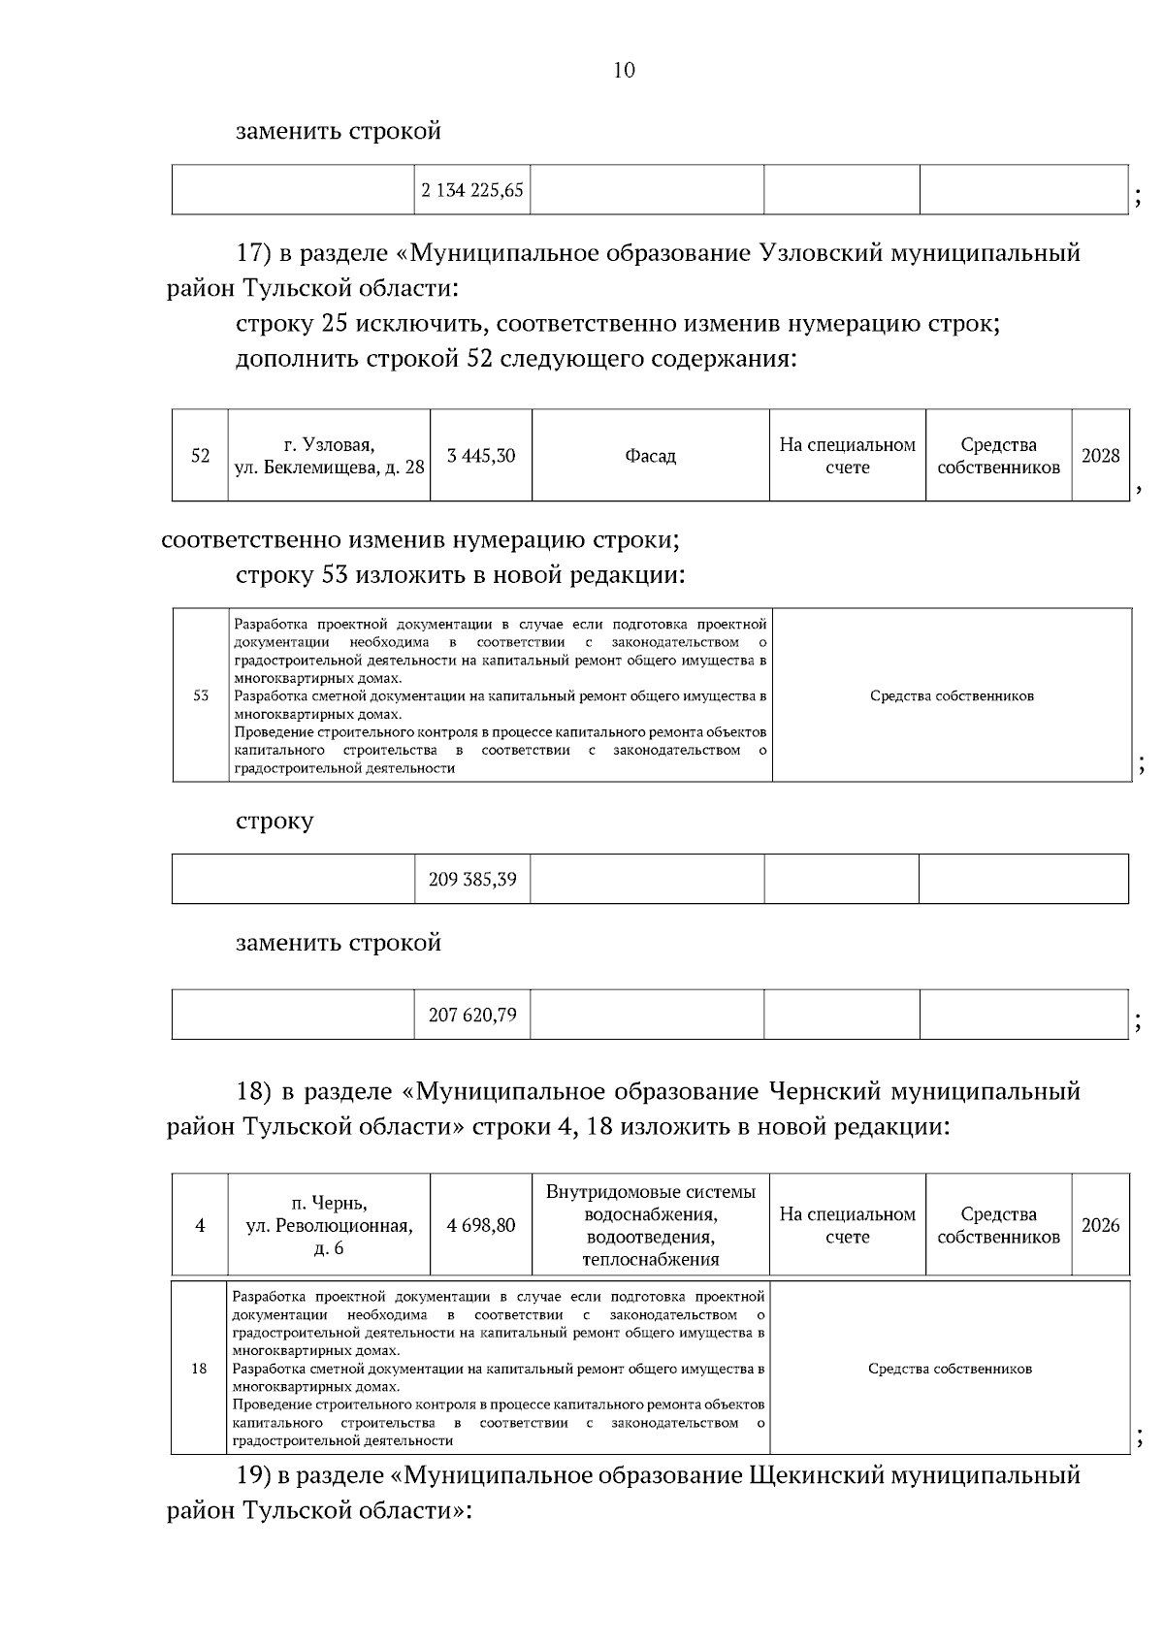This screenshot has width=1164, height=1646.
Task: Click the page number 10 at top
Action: (625, 70)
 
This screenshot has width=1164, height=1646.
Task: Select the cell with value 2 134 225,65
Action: (472, 190)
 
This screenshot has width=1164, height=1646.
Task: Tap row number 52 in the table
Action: (201, 456)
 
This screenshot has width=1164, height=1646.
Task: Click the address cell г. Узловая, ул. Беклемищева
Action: (329, 456)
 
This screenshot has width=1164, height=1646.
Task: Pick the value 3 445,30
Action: (481, 456)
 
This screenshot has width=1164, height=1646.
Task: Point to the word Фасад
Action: (650, 456)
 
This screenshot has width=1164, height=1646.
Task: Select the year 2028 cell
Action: (1100, 456)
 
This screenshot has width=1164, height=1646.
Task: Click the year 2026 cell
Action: (1100, 1225)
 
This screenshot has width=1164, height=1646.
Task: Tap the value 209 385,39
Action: (472, 880)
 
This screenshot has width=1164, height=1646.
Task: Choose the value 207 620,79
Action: (472, 1016)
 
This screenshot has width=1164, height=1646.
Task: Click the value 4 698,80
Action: (481, 1225)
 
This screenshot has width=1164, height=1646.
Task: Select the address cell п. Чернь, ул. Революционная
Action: (329, 1225)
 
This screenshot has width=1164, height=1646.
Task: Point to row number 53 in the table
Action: (201, 695)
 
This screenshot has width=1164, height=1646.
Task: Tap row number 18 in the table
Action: (200, 1369)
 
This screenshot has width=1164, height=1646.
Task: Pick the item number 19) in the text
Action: (254, 1476)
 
